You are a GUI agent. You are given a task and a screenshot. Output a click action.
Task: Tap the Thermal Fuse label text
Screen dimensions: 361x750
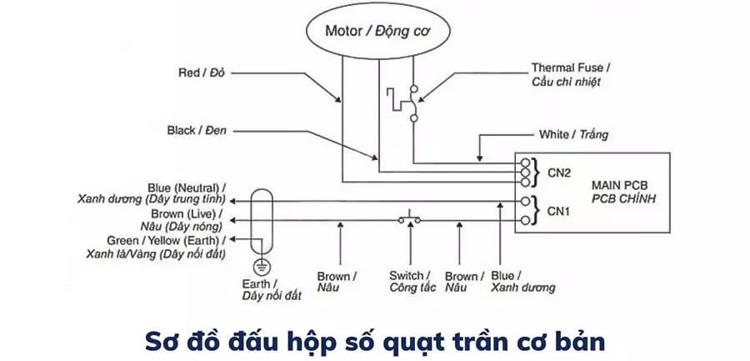(571, 74)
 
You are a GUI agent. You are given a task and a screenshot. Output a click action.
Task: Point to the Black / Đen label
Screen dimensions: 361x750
(197, 131)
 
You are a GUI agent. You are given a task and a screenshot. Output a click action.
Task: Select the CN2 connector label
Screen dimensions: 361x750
(558, 173)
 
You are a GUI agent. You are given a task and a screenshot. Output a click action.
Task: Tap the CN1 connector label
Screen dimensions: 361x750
(558, 212)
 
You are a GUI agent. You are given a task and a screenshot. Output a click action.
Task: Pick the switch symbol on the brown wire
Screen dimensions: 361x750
(409, 220)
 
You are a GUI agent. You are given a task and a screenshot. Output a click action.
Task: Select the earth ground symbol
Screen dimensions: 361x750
(261, 266)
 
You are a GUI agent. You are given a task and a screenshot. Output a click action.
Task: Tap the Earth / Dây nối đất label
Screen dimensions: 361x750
(261, 288)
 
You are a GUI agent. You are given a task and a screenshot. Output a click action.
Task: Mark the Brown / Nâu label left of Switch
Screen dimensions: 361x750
(337, 282)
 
